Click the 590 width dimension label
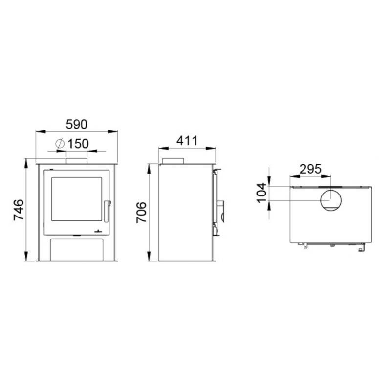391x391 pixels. [x=77, y=124]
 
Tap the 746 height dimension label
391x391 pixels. [x=18, y=210]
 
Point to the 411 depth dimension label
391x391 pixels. [x=186, y=141]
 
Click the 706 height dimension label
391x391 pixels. [x=141, y=212]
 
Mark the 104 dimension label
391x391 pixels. [x=262, y=193]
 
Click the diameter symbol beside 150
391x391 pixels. [x=60, y=144]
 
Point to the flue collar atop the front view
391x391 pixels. [x=77, y=160]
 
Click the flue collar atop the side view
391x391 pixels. [x=173, y=161]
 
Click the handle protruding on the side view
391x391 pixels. [x=222, y=208]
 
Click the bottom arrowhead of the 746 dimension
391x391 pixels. [x=26, y=259]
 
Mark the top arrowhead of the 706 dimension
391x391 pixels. [x=150, y=166]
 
